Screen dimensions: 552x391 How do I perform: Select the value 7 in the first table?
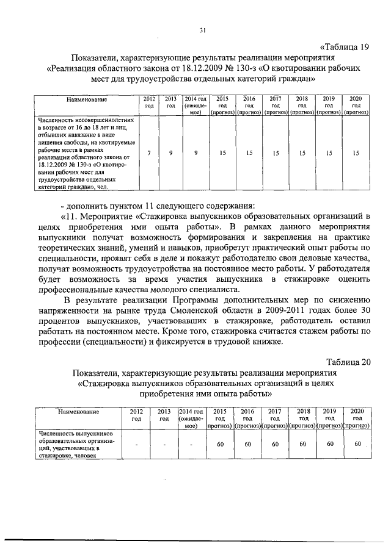tap(149, 154)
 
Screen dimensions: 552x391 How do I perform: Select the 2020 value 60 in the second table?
tap(356, 445)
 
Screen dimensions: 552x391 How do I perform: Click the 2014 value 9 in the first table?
tap(195, 154)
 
